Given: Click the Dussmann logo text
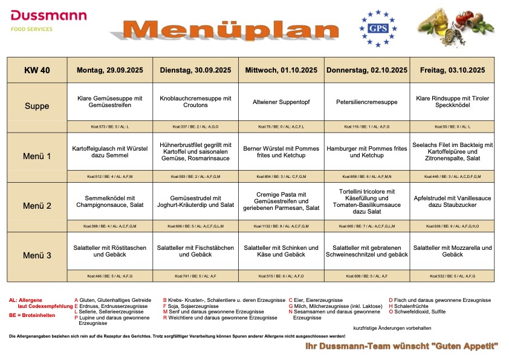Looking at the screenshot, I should click(x=48, y=16).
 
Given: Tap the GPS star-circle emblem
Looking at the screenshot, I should click(x=378, y=28).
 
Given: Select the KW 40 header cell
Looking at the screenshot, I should click(x=37, y=70).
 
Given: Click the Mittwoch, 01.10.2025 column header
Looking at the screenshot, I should click(x=281, y=70).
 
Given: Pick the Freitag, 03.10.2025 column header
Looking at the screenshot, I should click(x=452, y=70).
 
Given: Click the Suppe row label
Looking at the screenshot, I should click(x=37, y=106).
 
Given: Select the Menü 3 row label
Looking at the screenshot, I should click(x=37, y=255).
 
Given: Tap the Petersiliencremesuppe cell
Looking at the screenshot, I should click(x=367, y=102).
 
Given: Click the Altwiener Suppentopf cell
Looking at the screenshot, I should click(x=281, y=102).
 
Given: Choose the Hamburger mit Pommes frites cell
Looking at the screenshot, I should click(x=367, y=152).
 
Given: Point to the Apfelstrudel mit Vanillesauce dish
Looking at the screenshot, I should click(x=452, y=201).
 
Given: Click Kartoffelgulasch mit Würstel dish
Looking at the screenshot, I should click(x=110, y=152).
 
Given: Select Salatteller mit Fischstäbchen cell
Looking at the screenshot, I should click(x=196, y=251).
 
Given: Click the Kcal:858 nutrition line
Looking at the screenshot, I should click(x=367, y=177).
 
